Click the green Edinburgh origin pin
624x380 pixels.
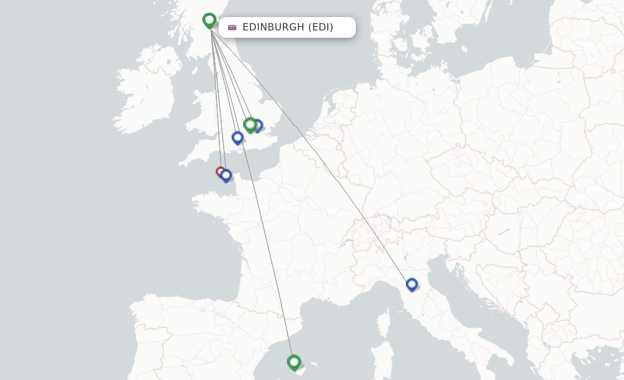click(x=209, y=20)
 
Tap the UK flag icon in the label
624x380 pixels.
click(x=232, y=27)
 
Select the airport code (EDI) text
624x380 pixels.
click(x=321, y=27)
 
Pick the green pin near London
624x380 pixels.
click(x=249, y=124)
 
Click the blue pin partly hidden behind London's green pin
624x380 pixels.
click(x=258, y=125)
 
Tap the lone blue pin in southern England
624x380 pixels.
click(x=238, y=138)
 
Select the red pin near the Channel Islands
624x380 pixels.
click(x=220, y=172)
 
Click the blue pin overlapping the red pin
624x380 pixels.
click(x=226, y=175)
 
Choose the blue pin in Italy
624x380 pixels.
click(x=412, y=284)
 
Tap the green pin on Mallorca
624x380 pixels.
click(x=294, y=362)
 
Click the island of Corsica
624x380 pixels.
click(x=384, y=323)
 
